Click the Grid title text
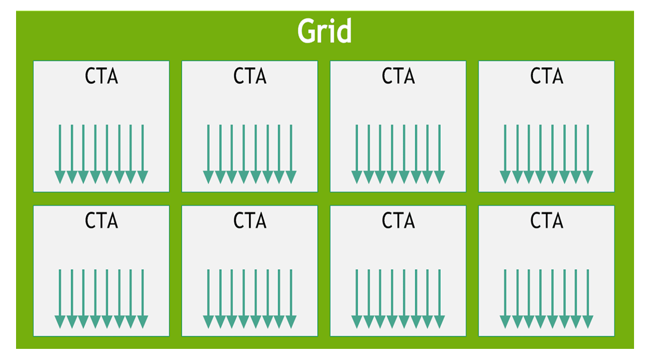coord(324,31)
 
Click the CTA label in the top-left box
coord(101,77)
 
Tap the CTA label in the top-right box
coord(546,77)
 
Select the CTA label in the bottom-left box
coord(101,220)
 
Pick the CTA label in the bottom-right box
coord(546,220)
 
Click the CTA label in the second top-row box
coord(250,77)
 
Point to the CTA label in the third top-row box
coord(398,77)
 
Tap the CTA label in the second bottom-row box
coord(250,220)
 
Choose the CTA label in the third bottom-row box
coord(398,220)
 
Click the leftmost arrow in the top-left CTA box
coord(60,154)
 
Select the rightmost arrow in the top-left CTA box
coord(143,154)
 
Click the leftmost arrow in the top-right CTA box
coord(505,154)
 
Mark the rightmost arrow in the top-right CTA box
coord(587,154)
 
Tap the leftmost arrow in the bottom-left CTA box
coord(60,299)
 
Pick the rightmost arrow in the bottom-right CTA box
coord(587,299)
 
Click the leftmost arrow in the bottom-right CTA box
coord(505,299)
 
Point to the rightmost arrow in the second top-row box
coord(291,154)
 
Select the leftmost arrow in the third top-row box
coord(357,154)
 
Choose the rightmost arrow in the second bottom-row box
coord(291,299)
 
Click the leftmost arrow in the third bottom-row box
coord(357,299)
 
